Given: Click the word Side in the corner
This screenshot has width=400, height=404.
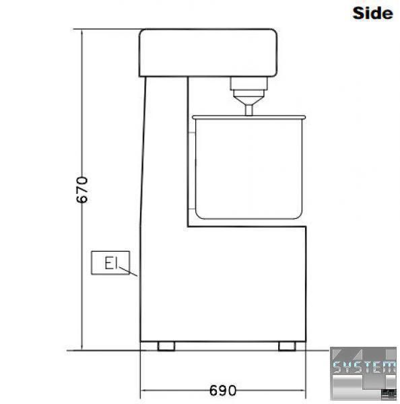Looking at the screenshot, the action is pos(372,13).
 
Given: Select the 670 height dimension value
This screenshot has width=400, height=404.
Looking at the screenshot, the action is pos(82,190).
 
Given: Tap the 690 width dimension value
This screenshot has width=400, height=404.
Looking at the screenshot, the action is pos(223,391).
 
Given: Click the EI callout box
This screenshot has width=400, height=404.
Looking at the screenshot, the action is pos(110,263).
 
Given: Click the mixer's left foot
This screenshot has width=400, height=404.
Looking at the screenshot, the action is pos(166,346).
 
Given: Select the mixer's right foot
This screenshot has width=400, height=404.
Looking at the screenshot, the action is pos(287,346).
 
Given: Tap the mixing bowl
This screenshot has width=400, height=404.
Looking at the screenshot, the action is pos(248,168).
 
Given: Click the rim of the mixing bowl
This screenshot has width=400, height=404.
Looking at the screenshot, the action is pos(248,117).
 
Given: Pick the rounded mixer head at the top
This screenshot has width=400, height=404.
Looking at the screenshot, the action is pos(208,53).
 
